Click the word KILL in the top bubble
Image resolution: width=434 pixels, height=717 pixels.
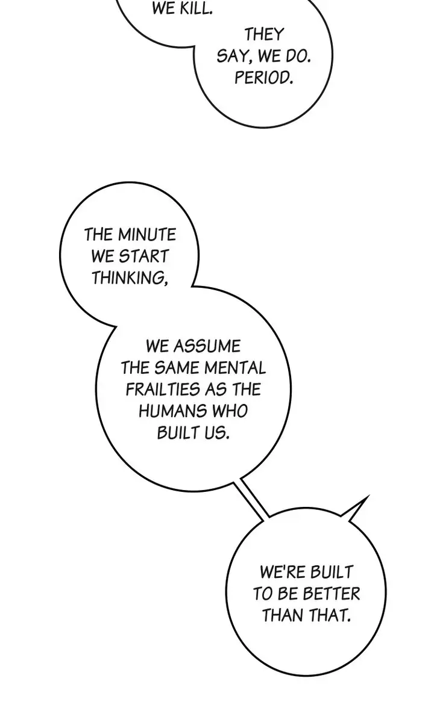click(195, 8)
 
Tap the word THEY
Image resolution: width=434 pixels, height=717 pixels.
click(263, 34)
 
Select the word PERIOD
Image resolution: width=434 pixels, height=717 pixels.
click(263, 78)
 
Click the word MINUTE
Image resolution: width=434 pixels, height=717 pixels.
click(146, 235)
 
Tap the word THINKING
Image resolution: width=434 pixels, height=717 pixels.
click(130, 278)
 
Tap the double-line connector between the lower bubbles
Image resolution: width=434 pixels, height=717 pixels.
click(250, 500)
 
